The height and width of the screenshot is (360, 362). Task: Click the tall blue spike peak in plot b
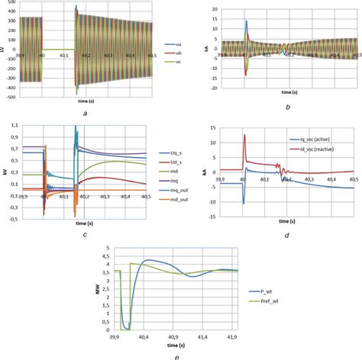point(247,21)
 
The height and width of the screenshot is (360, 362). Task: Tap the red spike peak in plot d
point(244,135)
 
